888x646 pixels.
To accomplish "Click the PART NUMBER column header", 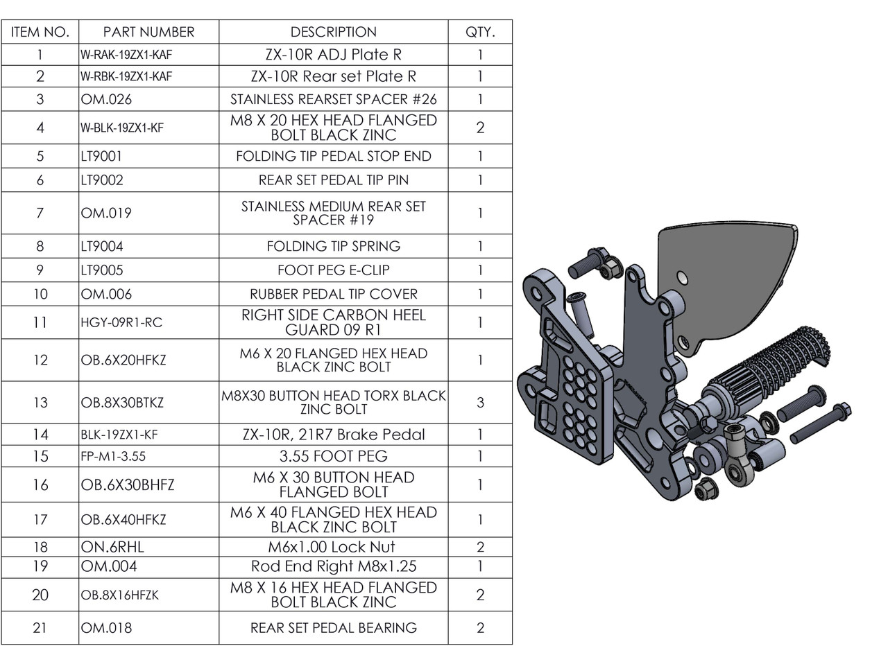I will (148, 32).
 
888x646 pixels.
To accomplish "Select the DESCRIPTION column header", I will (333, 32).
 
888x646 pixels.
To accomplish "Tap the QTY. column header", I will (480, 32).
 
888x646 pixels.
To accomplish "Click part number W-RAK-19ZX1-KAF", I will (126, 55).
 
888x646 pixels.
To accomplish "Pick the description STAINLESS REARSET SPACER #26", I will (333, 99).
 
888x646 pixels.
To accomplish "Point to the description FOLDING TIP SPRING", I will (333, 246).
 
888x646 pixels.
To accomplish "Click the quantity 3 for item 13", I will (480, 402).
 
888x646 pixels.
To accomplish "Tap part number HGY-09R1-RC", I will (121, 322).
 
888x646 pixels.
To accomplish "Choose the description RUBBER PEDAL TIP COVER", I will (333, 294).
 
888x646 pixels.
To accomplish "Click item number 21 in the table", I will (40, 628).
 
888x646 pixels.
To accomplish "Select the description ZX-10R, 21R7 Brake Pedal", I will (333, 435).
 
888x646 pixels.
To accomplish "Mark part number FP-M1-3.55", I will (113, 456).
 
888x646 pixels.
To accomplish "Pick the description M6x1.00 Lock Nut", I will (333, 547).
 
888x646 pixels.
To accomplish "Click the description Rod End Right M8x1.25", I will (333, 566).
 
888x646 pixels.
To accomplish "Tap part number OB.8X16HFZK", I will (119, 595).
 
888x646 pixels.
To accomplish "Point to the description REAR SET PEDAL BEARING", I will (333, 628).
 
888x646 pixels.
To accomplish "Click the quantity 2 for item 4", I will (480, 128).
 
